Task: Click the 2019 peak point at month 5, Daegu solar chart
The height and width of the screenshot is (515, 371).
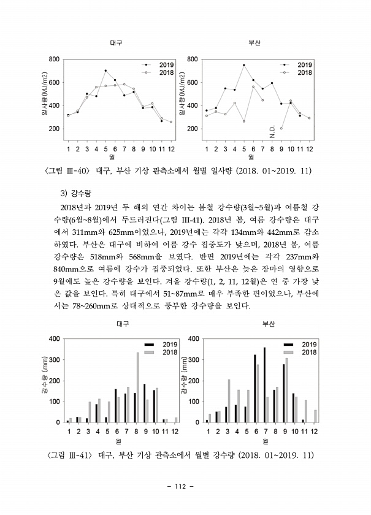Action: coord(105,71)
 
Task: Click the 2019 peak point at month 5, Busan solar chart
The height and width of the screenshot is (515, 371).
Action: coord(243,65)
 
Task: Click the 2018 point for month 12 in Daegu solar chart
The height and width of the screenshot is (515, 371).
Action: coord(170,122)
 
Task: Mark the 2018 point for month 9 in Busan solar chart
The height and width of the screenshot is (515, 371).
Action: coord(281,128)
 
